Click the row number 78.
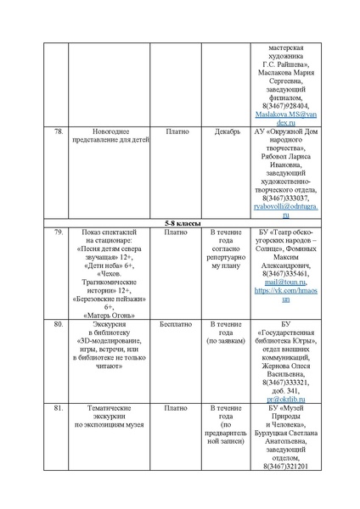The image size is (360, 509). tap(59, 132)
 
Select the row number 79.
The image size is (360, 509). tap(59, 232)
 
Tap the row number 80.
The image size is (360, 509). tap(59, 324)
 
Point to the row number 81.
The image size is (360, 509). tap(59, 407)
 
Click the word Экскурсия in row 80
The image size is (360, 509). tap(109, 324)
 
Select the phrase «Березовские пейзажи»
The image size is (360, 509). tap(109, 299)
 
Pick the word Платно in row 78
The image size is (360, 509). tap(177, 132)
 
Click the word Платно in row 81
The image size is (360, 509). tap(177, 407)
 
